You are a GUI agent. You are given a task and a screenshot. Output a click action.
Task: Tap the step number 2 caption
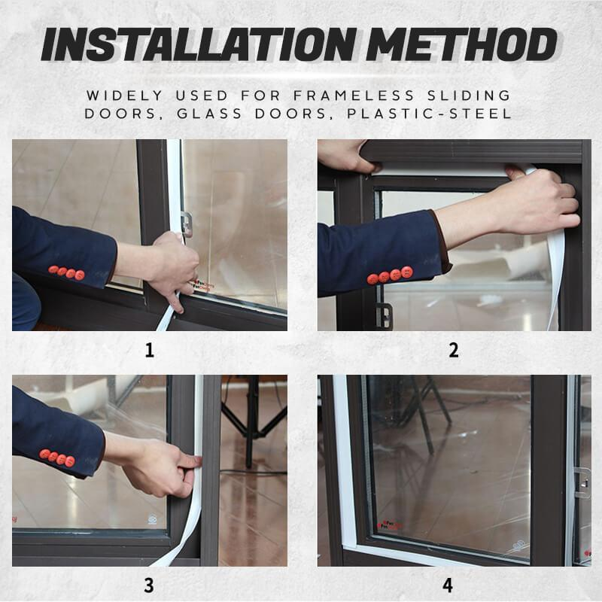coord(454,350)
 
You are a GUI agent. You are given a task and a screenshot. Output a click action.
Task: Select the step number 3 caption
coord(149,585)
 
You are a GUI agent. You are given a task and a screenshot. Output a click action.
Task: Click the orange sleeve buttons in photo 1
coord(66,272)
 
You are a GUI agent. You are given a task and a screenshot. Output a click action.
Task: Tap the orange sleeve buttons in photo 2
coord(390,275)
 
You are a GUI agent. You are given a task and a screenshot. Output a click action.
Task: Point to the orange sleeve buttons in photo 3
coord(57,458)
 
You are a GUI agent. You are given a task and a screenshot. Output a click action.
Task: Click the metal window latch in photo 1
coord(186,223)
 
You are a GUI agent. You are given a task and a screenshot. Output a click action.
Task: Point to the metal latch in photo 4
coord(582,482)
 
